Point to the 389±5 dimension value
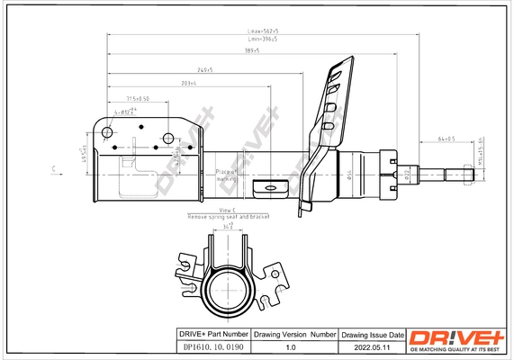click(x=251, y=50)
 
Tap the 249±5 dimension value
click(x=203, y=69)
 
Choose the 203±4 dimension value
click(x=188, y=84)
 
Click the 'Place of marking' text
click(x=225, y=174)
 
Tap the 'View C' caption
click(x=203, y=209)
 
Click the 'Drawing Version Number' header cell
click(x=293, y=334)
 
